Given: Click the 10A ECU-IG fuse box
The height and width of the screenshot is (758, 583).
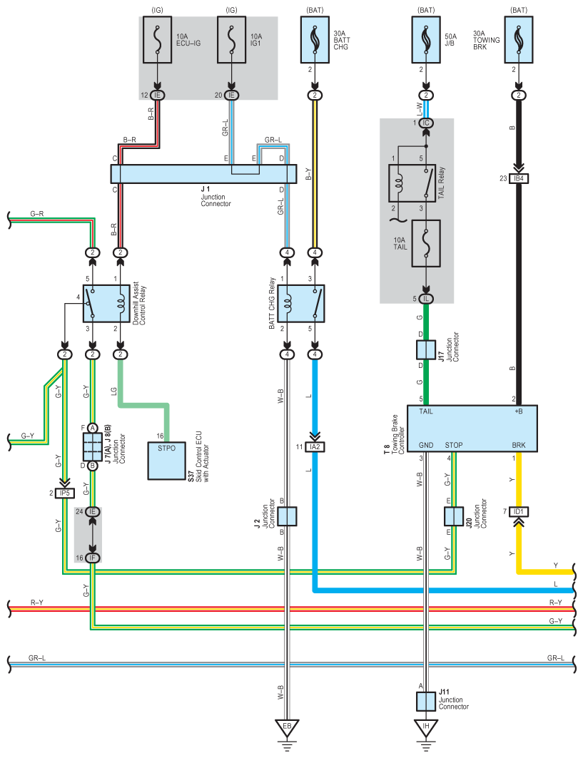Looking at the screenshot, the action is (x=157, y=40).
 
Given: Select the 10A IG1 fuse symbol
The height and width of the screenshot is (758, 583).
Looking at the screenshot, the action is (x=231, y=40).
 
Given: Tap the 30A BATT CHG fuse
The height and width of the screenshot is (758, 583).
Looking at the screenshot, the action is (x=315, y=40).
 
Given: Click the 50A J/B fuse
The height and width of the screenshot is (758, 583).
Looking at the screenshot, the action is (x=426, y=40).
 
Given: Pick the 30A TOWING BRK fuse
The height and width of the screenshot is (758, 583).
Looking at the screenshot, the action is (x=519, y=40).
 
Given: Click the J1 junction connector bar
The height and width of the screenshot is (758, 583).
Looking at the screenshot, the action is (x=203, y=174).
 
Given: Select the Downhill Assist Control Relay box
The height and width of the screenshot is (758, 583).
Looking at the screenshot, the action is (x=106, y=304).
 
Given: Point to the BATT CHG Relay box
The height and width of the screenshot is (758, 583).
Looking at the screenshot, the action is (x=301, y=304).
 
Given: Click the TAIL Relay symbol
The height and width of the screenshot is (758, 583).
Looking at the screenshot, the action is (x=412, y=183).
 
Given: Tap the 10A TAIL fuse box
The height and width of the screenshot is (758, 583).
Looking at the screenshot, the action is (x=426, y=244).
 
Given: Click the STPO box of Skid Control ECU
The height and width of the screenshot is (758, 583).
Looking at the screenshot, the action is (x=166, y=461).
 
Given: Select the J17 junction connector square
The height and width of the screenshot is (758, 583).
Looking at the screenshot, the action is (x=426, y=350).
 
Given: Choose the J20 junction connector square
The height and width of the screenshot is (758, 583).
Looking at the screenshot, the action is (x=454, y=516).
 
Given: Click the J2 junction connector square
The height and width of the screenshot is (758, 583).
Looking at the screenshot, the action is (x=287, y=516).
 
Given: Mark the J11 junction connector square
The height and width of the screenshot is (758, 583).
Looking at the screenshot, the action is (x=426, y=702).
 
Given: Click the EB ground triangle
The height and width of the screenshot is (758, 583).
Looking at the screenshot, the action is (x=287, y=728).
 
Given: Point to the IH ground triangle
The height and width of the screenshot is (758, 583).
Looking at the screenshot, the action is (x=426, y=728).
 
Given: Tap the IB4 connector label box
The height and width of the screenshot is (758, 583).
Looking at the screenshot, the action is (x=519, y=178).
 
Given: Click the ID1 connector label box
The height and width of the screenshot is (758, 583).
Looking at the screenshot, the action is (x=519, y=511).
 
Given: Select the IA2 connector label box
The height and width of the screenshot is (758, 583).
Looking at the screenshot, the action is (x=315, y=446).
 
